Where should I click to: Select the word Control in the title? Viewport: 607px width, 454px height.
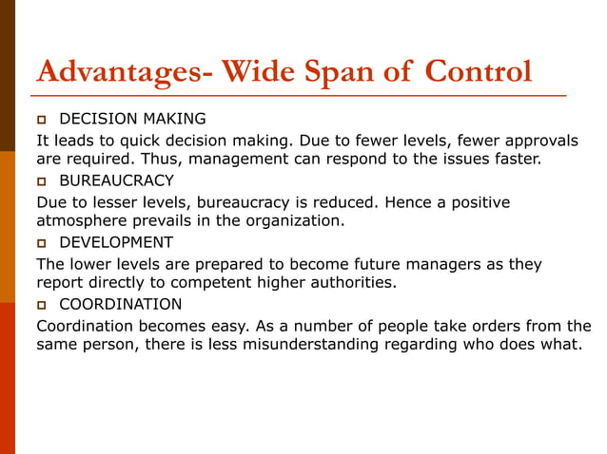[479, 73]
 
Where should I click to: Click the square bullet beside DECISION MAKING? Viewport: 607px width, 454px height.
[43, 120]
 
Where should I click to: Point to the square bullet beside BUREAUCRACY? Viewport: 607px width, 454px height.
[43, 180]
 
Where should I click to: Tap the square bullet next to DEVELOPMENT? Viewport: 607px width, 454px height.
[43, 242]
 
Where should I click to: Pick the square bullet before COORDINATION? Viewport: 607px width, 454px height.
[43, 304]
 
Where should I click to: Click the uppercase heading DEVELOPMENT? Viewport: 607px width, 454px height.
[115, 242]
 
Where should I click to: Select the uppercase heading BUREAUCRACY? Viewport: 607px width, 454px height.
[116, 180]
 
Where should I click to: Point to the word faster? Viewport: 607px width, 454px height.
[508, 160]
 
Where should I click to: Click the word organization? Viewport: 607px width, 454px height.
[291, 221]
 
